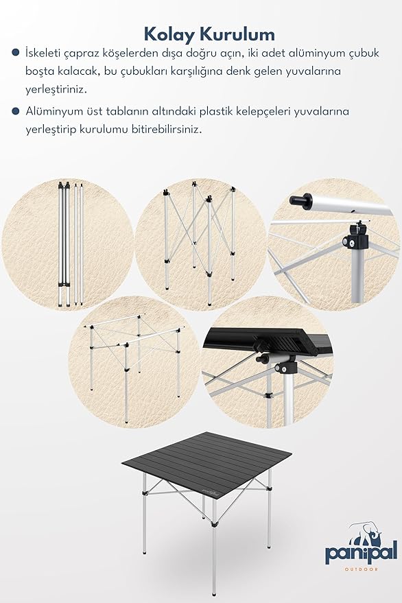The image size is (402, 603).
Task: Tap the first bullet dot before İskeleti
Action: tap(16, 53)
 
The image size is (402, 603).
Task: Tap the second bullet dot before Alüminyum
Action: tap(16, 112)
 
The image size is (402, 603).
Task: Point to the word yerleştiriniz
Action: tap(56, 90)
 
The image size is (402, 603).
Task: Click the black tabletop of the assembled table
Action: tap(206, 461)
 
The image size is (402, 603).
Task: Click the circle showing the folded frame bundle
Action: tap(68, 245)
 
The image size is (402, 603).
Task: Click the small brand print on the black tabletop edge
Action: tap(208, 491)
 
